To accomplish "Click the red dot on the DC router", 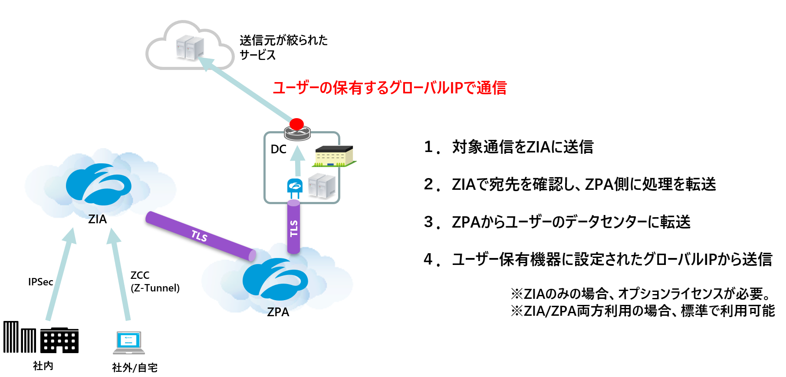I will pos(296,124).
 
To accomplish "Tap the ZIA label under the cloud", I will pos(97,219).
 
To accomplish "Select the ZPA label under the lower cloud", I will pos(278,312).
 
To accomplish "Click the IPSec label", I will pos(40,282).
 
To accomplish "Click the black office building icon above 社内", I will pos(59,340).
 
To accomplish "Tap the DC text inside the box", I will pos(278,149).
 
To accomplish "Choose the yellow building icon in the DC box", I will pos(333,156).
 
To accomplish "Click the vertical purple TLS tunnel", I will pos(294,227).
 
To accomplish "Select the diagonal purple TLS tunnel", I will pos(200,236).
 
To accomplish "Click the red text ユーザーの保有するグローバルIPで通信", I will pos(389,88).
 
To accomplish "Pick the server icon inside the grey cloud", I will pos(190,48).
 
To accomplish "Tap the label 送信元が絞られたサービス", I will pos(283,47).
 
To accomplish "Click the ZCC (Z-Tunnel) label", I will pos(155,281).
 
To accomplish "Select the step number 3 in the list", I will pos(429,222).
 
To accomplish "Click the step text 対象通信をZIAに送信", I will pos(522,147).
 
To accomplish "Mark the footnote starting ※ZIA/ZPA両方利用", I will pos(642,311).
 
